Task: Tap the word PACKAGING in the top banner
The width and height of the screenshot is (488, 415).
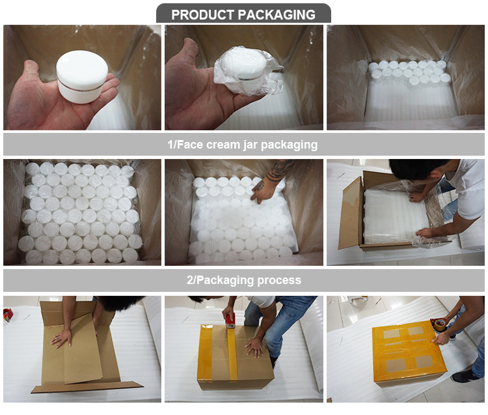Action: (x=279, y=14)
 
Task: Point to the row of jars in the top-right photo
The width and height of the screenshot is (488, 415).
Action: (x=409, y=71)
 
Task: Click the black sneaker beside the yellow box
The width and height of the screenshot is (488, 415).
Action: (x=465, y=376)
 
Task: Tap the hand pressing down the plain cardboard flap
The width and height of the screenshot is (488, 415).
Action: (x=62, y=338)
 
